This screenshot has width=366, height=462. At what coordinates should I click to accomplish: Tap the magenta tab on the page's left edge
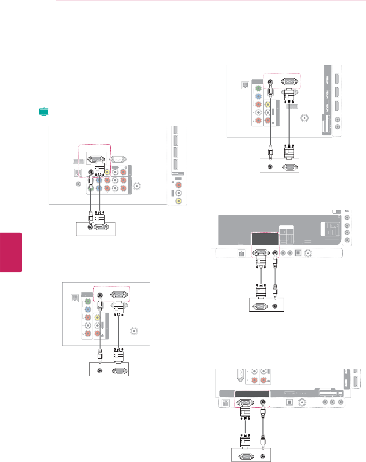click(11, 252)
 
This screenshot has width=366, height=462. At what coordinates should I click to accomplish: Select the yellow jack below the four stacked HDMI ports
click(178, 201)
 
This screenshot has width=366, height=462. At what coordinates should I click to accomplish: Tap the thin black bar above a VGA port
click(252, 393)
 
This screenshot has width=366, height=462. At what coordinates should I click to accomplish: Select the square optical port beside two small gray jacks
click(300, 252)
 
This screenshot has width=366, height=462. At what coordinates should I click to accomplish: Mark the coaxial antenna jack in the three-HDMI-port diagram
click(304, 118)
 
